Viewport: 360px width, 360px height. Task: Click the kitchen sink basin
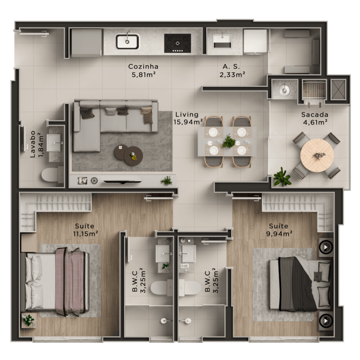tap(127, 41)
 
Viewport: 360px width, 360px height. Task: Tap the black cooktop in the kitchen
tap(177, 43)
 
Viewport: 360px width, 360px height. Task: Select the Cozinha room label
tap(143, 67)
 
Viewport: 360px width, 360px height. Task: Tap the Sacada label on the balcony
tap(315, 115)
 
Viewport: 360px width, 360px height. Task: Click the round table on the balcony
tap(317, 155)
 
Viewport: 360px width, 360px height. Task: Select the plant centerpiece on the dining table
tap(229, 141)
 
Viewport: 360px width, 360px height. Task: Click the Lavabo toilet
tap(50, 175)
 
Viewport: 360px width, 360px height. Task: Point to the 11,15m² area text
tap(85, 233)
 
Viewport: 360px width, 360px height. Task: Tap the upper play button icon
tap(326, 248)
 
